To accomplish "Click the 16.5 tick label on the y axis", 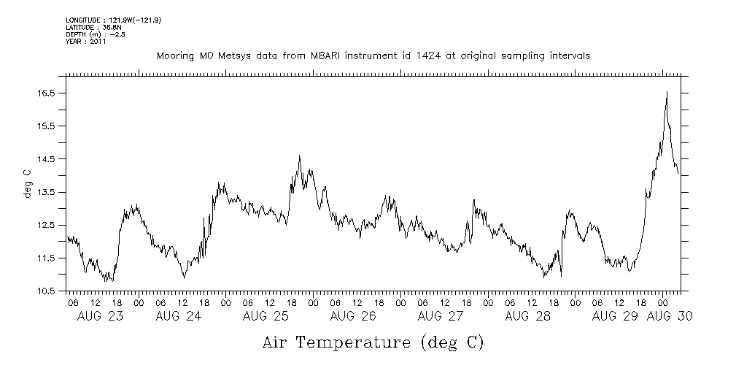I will (47, 93).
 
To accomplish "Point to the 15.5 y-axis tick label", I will (47, 126).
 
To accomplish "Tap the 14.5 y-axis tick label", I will (47, 159).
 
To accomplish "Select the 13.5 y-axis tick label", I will (47, 192).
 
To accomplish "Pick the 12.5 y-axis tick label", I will (47, 225).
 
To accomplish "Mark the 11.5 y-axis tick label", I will (47, 258).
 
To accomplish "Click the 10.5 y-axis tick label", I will (47, 291).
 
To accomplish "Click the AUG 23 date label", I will (100, 317).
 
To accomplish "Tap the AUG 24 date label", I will (179, 317).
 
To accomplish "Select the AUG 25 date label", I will (266, 317).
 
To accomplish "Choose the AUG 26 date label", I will (353, 317).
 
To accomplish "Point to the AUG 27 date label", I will (441, 317).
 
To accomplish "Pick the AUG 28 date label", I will (527, 317).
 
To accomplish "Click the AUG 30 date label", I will (670, 317).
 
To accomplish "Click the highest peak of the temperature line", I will (667, 92).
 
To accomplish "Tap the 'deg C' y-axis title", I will (27, 183).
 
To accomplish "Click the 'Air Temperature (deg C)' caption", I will (373, 342).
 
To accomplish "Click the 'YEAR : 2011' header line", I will (86, 42).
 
